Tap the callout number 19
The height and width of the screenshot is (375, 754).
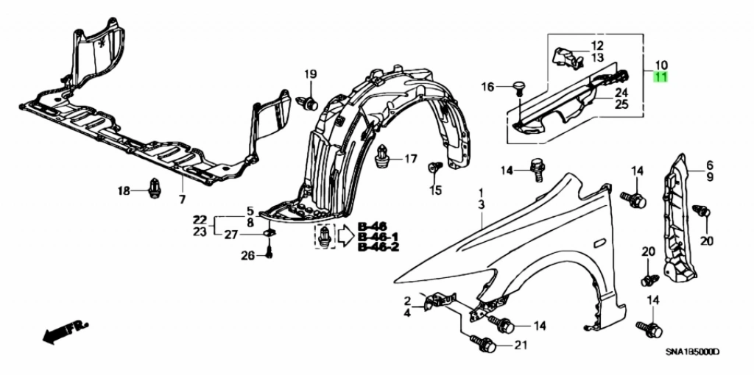click(310, 74)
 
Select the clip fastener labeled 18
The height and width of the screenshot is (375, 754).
click(155, 189)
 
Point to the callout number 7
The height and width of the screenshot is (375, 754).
click(182, 200)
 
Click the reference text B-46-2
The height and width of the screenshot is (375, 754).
click(378, 248)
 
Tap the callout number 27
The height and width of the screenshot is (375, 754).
click(231, 235)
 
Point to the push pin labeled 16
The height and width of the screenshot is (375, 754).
click(518, 88)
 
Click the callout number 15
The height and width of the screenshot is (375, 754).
click(436, 190)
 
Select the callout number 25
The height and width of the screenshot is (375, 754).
click(621, 104)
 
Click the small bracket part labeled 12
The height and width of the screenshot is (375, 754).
click(566, 56)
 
